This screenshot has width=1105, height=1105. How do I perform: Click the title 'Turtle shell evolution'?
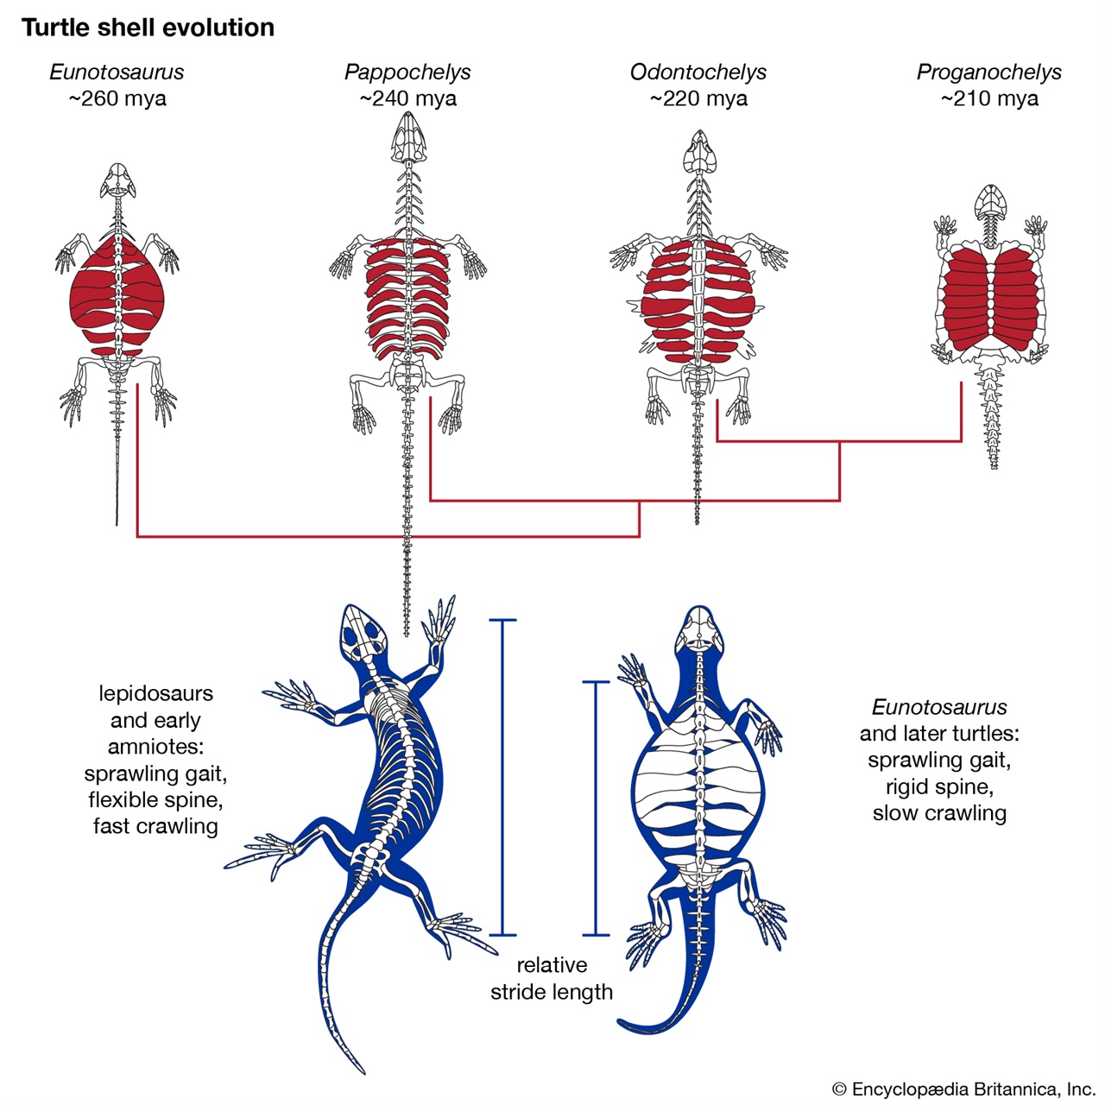pyautogui.click(x=148, y=28)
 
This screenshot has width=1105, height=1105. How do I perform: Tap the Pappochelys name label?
pyautogui.click(x=407, y=73)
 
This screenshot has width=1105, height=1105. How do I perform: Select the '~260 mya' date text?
pyautogui.click(x=117, y=98)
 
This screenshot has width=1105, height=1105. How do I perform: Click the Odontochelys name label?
pyautogui.click(x=698, y=73)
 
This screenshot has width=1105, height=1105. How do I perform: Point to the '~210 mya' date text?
pyautogui.click(x=989, y=98)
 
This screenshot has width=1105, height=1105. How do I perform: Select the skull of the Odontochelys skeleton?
pyautogui.click(x=699, y=151)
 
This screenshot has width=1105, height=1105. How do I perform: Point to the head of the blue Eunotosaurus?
pyautogui.click(x=699, y=627)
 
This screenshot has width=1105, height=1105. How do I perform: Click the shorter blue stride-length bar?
pyautogui.click(x=595, y=809)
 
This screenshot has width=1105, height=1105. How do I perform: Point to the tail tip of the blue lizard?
pyautogui.click(x=363, y=1071)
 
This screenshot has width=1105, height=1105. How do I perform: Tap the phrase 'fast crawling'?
pyautogui.click(x=155, y=826)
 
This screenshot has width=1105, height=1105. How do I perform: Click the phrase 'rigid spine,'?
pyautogui.click(x=939, y=786)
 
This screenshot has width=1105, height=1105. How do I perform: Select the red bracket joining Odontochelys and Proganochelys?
pyautogui.click(x=839, y=441)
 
